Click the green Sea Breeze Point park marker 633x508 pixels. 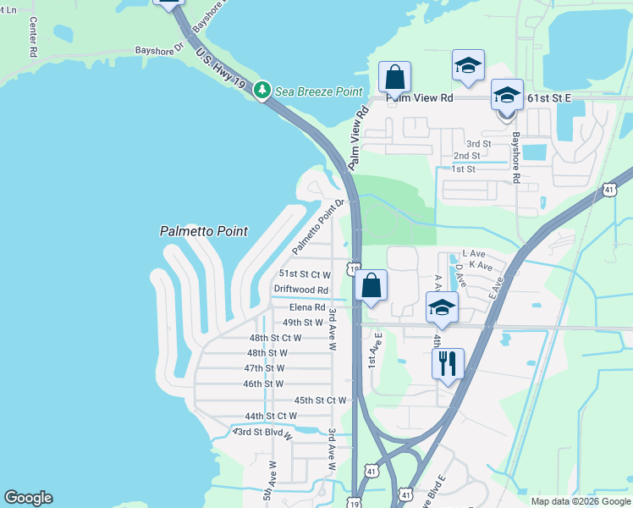[x=262, y=90]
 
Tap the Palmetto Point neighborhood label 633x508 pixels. [x=204, y=231]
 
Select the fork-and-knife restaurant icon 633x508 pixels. [x=448, y=363]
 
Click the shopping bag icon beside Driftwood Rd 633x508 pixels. [x=371, y=285]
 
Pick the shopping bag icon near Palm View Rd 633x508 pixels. [x=394, y=77]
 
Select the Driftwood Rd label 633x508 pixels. [x=300, y=290]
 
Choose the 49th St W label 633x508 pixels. [x=303, y=323]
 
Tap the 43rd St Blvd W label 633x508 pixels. [x=262, y=433]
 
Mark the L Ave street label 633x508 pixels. [x=473, y=253]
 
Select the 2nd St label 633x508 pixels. [x=466, y=156]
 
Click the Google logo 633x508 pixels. [x=28, y=498]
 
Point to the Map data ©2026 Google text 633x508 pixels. [x=580, y=501]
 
